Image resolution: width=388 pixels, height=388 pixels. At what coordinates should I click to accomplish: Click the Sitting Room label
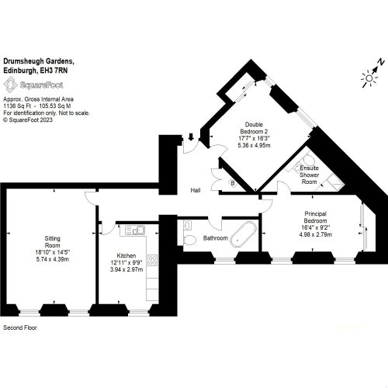53,242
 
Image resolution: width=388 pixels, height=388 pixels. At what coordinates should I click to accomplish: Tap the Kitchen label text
126,255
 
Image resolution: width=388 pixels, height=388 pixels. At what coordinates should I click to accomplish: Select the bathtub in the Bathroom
244,234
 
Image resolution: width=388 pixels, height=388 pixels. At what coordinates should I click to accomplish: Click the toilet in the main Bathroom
190,240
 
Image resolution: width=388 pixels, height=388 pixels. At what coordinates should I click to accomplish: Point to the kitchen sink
135,230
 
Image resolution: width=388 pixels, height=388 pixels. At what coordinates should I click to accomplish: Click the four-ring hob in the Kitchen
153,260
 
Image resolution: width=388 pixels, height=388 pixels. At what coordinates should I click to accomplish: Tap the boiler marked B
233,183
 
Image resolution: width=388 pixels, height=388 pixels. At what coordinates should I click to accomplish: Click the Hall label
196,190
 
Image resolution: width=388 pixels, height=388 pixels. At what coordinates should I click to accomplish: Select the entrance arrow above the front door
191,137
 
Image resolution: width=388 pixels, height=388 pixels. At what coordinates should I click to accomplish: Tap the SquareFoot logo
33,85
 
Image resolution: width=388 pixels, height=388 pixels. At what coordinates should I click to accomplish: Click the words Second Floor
20,327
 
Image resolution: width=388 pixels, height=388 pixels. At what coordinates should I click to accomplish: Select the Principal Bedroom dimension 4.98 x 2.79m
315,234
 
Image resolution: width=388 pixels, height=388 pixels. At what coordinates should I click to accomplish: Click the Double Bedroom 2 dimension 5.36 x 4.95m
254,145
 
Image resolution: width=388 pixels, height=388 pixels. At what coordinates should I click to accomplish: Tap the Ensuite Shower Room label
310,175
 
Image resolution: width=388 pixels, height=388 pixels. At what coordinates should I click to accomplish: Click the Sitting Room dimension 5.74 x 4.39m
53,259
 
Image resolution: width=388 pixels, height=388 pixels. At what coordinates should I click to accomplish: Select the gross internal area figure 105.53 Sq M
55,106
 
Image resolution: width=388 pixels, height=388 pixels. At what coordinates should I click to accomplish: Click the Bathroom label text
216,238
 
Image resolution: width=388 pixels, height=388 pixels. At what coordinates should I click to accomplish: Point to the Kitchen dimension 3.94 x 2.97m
126,270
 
